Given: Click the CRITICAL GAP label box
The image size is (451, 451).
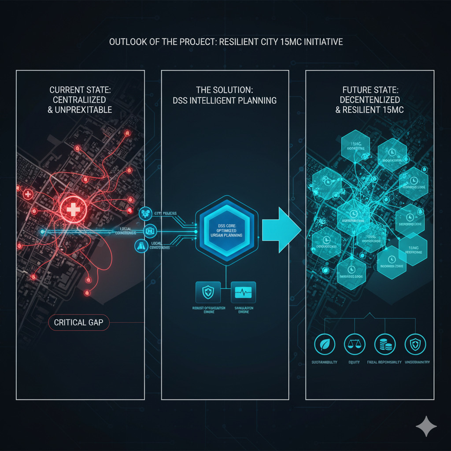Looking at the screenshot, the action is [78, 322].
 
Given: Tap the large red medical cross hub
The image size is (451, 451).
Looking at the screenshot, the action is [73, 209].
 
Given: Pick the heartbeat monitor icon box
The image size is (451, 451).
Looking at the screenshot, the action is [243, 292].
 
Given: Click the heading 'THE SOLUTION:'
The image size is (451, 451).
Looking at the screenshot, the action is [225, 90].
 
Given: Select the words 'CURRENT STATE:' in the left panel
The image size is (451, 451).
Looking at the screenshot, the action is [80, 90].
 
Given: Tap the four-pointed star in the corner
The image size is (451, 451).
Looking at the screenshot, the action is [426, 427].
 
